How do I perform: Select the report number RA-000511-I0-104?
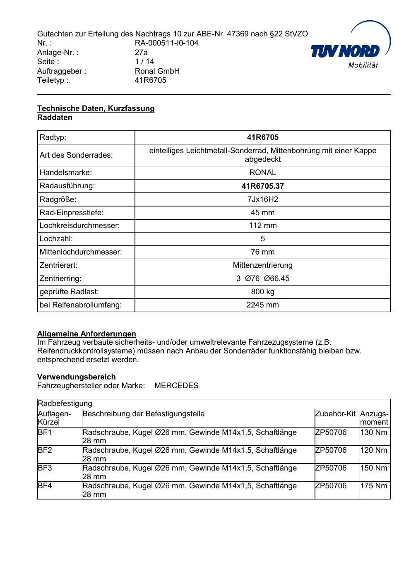point(166,43)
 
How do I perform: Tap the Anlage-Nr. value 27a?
point(141,53)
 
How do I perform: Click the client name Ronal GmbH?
point(157,71)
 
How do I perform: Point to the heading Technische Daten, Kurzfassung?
point(96,108)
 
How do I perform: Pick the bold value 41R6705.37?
point(262,186)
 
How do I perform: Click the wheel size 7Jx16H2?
point(262,199)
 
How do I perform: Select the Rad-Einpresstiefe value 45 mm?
point(262,213)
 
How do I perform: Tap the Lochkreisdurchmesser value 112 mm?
point(262,226)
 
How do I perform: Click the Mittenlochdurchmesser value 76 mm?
point(262,252)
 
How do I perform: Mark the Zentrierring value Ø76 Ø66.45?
point(263,278)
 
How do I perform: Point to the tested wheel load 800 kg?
point(262,292)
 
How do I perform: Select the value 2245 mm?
point(262,305)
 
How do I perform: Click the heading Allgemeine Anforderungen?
point(87,334)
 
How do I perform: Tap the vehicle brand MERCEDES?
point(176,386)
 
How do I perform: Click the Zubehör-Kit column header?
point(335,414)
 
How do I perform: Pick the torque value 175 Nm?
point(374,486)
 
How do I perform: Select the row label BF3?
point(45,468)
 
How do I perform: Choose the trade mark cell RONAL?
point(262,173)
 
